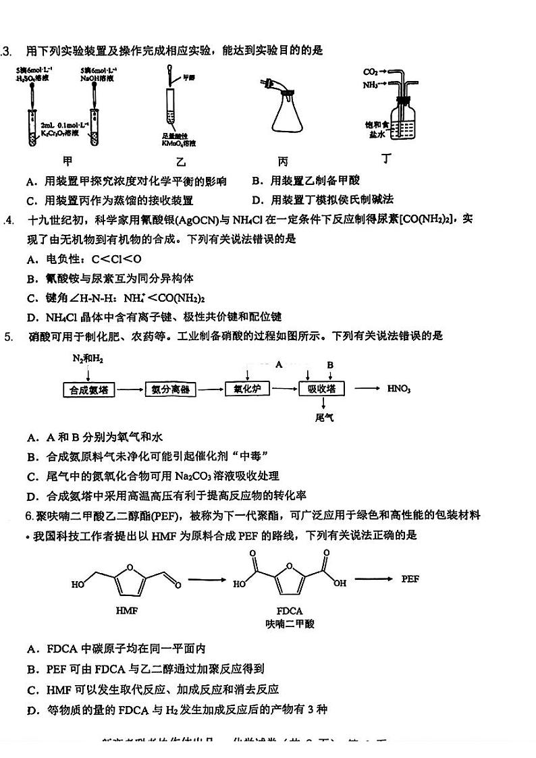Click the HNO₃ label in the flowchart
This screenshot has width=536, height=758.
(399, 389)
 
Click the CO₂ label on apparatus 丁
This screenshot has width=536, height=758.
(370, 72)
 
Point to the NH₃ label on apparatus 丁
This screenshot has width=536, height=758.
(370, 85)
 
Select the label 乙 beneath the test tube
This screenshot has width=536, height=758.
(180, 162)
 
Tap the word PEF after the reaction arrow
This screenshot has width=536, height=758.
(410, 579)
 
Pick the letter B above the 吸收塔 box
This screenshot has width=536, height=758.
(330, 365)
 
